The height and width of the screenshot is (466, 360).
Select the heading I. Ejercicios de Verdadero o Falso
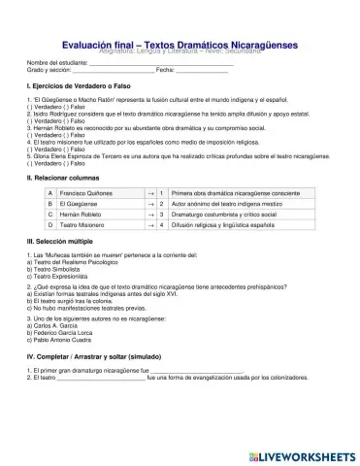[x=77, y=87]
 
